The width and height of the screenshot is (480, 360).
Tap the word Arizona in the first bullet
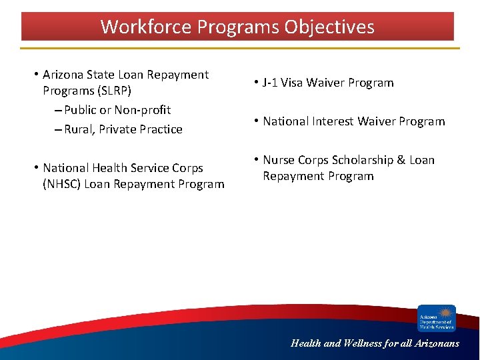[x=64, y=75]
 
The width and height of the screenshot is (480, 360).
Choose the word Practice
[x=161, y=129]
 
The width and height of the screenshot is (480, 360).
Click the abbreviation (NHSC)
[x=63, y=184]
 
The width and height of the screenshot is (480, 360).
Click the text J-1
[x=270, y=83]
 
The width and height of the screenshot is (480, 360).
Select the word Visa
[x=293, y=83]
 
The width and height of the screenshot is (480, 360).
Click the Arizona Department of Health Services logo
[x=437, y=318]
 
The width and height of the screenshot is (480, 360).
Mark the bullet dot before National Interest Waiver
[x=256, y=121]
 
